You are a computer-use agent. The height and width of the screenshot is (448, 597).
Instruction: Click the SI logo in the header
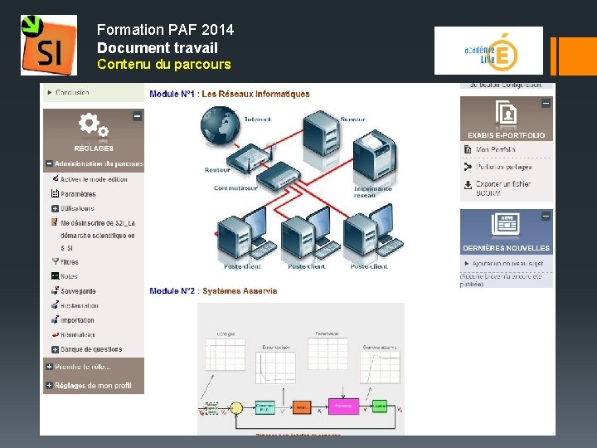coord(48,45)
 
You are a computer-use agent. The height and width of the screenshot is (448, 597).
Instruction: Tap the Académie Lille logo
coord(488,51)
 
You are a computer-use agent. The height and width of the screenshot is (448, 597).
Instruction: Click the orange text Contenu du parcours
coord(163,64)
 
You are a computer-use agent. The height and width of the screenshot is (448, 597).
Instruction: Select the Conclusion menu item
coord(72,93)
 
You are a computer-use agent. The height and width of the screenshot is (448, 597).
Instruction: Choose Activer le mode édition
coord(93,179)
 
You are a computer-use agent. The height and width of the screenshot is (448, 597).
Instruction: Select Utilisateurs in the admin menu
coord(77,208)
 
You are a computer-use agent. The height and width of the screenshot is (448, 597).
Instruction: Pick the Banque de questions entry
coord(90,349)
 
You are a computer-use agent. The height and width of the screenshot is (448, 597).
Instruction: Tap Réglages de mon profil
coord(92,386)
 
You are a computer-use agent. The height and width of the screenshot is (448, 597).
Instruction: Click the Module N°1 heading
coord(229,94)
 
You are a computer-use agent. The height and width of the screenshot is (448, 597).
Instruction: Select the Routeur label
coord(217,170)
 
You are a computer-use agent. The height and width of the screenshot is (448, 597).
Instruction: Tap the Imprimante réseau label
coord(372,192)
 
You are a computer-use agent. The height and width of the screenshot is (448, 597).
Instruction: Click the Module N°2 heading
coord(213,290)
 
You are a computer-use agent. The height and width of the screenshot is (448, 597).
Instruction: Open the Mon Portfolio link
coord(495,150)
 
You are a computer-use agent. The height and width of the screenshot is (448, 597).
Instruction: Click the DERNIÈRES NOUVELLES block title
coord(506,248)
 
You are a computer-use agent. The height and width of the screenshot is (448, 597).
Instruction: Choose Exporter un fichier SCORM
coord(502,187)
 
